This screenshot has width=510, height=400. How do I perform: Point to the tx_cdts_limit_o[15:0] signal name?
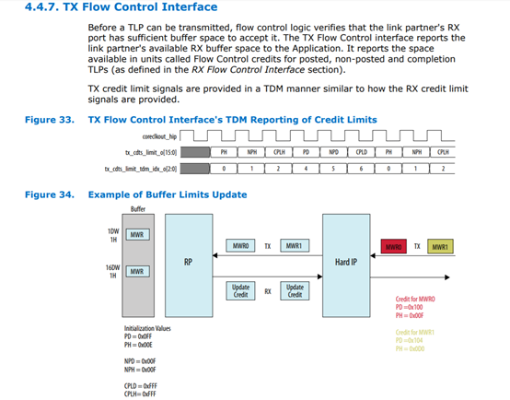[148, 152]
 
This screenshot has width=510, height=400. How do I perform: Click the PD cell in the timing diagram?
[305, 152]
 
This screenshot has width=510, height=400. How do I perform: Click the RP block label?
[187, 261]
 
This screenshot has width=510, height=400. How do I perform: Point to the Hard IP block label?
[345, 261]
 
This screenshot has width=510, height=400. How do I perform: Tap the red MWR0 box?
[395, 246]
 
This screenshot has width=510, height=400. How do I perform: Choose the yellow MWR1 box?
[440, 246]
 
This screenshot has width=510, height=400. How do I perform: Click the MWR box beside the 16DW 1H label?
[135, 271]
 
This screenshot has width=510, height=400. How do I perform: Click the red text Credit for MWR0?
[415, 300]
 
